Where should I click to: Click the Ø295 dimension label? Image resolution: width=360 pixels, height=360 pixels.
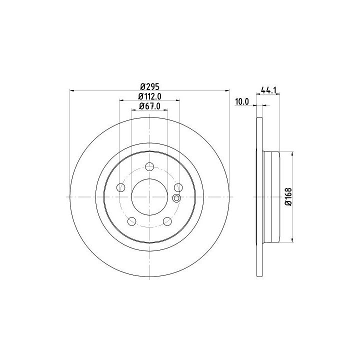tap(149, 87)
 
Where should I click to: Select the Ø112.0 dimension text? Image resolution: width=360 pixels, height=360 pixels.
tap(149, 96)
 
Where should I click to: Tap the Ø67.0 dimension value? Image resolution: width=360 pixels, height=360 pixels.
tap(149, 106)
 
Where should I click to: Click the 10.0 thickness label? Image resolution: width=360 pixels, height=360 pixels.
tap(242, 101)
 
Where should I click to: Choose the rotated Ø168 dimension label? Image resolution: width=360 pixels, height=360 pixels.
tap(288, 197)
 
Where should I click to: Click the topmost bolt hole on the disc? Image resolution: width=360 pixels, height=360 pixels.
tap(149, 166)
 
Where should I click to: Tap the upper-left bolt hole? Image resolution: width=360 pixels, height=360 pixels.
tap(121, 187)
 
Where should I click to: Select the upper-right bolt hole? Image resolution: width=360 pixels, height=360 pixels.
tap(178, 187)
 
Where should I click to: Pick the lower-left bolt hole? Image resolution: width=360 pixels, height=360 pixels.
tap(132, 221)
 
